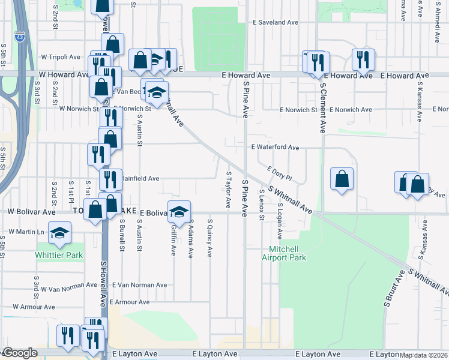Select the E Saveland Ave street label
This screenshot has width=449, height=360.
(276, 22)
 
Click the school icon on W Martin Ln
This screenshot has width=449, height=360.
(59, 233)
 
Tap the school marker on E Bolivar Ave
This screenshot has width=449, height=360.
(179, 211)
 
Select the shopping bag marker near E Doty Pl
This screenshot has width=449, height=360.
(342, 179)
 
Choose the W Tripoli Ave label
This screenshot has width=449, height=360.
(61, 57)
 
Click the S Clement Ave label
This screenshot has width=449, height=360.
(322, 107)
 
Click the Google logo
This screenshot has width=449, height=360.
(20, 353)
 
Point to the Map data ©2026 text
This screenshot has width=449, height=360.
(424, 355)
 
